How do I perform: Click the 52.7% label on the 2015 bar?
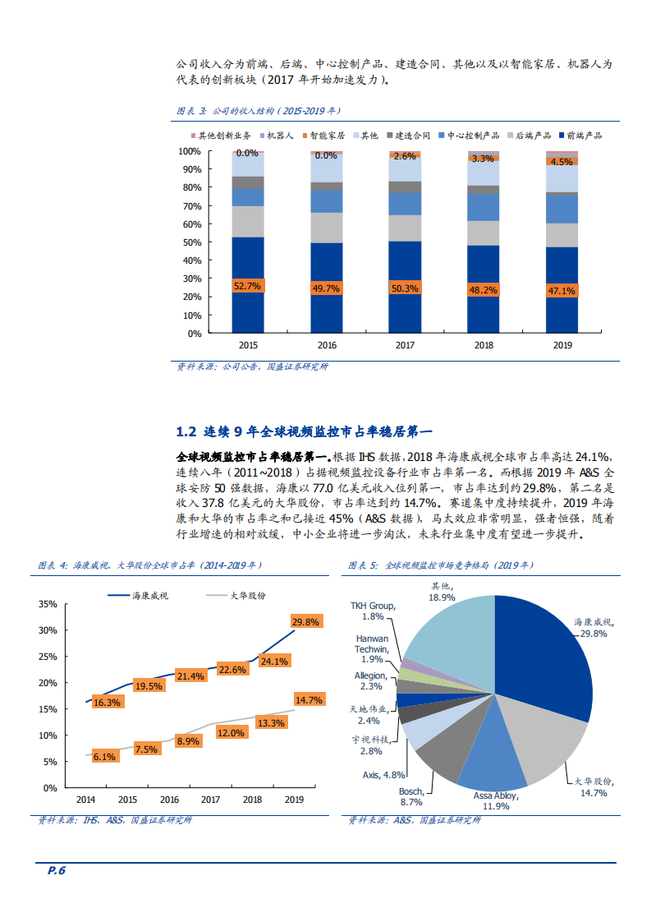click(x=247, y=287)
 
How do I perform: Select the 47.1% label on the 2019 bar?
click(x=562, y=291)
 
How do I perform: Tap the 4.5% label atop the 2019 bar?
click(x=562, y=162)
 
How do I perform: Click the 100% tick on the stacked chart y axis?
click(x=190, y=151)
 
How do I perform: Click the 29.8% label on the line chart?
click(x=305, y=622)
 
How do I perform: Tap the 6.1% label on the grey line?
click(x=104, y=757)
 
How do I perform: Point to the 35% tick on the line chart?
click(x=48, y=604)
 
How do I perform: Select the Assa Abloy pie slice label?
click(x=496, y=801)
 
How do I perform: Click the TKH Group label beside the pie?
click(x=373, y=611)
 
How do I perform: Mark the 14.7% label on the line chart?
click(x=308, y=700)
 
